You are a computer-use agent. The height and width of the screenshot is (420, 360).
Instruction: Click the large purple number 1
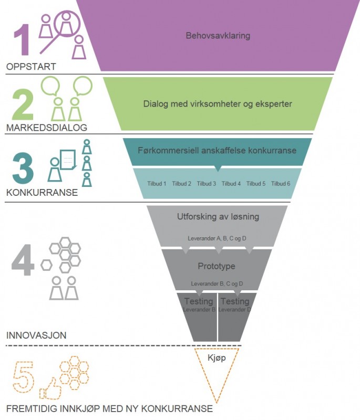point(22,40)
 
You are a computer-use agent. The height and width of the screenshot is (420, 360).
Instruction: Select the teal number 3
point(23,168)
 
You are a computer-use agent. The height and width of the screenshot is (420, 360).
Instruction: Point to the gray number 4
point(23,260)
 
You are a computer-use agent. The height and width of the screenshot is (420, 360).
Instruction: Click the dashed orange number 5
point(24,377)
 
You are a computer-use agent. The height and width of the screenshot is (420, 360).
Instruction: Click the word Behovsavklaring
point(218,36)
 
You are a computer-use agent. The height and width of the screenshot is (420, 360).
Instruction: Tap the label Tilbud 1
point(157,183)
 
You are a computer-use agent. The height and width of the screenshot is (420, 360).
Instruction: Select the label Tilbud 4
point(231,183)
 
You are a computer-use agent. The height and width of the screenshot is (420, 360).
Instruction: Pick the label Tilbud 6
point(281,183)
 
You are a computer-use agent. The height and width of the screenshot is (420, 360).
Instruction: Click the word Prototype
point(217,266)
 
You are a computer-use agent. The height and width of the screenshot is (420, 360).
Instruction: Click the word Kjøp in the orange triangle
point(217,358)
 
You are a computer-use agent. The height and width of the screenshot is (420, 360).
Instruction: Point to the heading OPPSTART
point(31,67)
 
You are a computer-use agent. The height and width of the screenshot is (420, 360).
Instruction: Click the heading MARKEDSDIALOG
point(47,128)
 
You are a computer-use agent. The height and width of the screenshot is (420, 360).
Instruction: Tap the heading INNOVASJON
point(36,335)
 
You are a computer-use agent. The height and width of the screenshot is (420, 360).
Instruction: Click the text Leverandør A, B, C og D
point(217,238)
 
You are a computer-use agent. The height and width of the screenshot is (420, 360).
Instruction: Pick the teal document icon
point(68,160)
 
